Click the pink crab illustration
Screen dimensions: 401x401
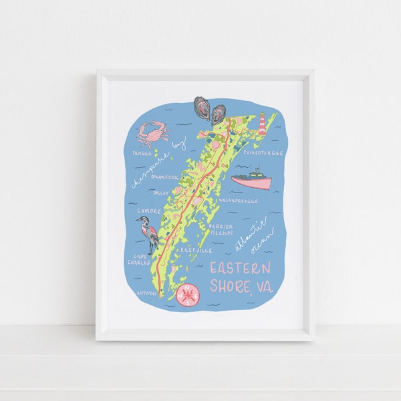click(153, 133)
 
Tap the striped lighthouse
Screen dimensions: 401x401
click(263, 124)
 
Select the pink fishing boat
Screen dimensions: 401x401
click(251, 180)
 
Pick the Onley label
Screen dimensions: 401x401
click(161, 192)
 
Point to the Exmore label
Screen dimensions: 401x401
click(149, 211)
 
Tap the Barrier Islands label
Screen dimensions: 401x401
click(221, 229)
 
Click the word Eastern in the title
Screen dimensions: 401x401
click(241, 269)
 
